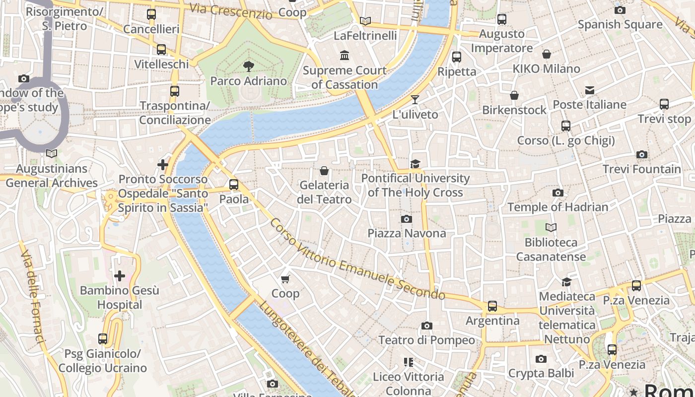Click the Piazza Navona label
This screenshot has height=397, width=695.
tap(407, 233)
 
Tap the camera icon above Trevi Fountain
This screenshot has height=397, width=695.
tap(641, 155)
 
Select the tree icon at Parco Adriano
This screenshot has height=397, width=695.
tap(248, 66)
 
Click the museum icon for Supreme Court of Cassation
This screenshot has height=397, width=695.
tap(344, 55)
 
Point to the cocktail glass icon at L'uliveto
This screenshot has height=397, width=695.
tap(415, 100)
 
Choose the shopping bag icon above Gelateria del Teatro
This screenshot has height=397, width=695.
tap(324, 171)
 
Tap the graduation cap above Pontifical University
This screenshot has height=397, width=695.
tap(415, 164)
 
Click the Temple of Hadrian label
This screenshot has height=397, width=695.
tap(557, 207)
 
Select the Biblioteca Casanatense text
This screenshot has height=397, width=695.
tap(551, 250)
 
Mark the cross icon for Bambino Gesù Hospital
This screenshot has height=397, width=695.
tap(120, 276)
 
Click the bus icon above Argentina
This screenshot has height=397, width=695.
tap(492, 306)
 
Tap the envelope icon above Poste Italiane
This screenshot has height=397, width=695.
tap(589, 90)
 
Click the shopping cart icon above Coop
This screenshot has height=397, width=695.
tap(285, 279)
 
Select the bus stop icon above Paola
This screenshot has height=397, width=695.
tap(234, 185)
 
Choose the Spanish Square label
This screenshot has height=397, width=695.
tap(620, 24)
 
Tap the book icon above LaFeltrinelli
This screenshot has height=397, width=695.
tap(365, 21)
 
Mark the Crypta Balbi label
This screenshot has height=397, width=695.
tap(541, 373)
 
